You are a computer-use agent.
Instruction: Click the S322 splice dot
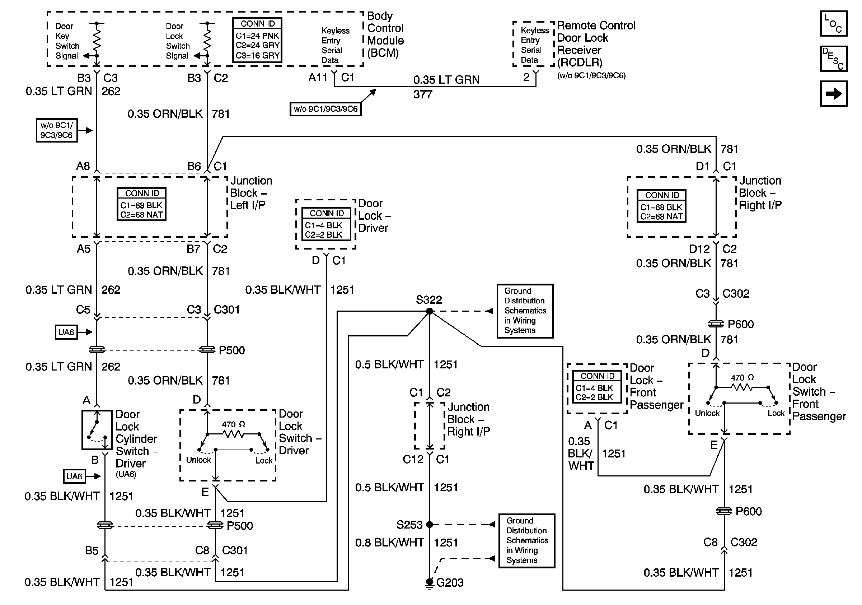[x=430, y=311]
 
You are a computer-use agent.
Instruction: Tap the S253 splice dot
[x=430, y=524]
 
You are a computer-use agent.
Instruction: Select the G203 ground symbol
[x=430, y=582]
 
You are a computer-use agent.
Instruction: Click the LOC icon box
[x=833, y=23]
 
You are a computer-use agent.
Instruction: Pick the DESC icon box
[x=833, y=59]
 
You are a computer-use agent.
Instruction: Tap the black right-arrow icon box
[x=833, y=93]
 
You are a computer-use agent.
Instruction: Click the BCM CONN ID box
[x=257, y=40]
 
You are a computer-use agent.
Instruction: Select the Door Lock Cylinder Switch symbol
[x=97, y=430]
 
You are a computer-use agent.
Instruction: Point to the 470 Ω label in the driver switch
[x=233, y=424]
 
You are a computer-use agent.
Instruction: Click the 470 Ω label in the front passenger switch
[x=742, y=377]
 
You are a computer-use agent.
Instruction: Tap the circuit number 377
[x=423, y=94]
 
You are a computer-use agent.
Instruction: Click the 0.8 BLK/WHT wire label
[x=389, y=543]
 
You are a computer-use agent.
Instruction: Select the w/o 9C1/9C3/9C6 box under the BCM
[x=325, y=109]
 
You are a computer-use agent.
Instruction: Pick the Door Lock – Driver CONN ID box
[x=326, y=224]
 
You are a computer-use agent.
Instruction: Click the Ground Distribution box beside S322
[x=525, y=311]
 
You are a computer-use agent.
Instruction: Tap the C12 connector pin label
[x=413, y=459]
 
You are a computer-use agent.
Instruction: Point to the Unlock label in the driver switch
[x=198, y=460]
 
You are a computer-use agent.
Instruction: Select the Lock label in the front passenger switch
[x=776, y=413]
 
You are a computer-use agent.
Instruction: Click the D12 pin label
[x=699, y=249]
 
